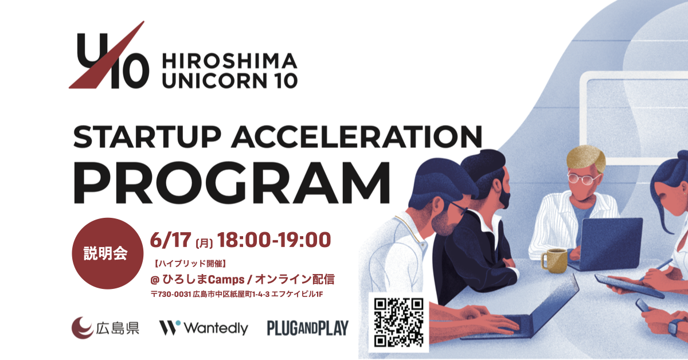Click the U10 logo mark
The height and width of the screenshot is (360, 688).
109,55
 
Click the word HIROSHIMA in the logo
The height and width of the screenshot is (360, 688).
229,61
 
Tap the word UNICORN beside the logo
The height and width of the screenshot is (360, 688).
211,81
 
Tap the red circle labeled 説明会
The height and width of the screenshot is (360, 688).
108,253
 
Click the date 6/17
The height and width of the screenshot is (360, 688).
171,240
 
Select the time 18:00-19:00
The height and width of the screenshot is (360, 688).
274,240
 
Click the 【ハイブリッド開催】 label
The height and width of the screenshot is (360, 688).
190,263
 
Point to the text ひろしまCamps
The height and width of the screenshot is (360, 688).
204,280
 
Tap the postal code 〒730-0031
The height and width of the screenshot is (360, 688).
171,294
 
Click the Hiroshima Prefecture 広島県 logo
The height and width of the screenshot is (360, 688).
105,328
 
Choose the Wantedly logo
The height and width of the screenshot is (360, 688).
204,328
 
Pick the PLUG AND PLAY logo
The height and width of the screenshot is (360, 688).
308,328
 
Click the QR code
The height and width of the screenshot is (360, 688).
398,323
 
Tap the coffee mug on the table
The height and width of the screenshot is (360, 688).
554,260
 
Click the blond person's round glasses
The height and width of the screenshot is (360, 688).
583,179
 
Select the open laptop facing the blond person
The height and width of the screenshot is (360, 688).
605,244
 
